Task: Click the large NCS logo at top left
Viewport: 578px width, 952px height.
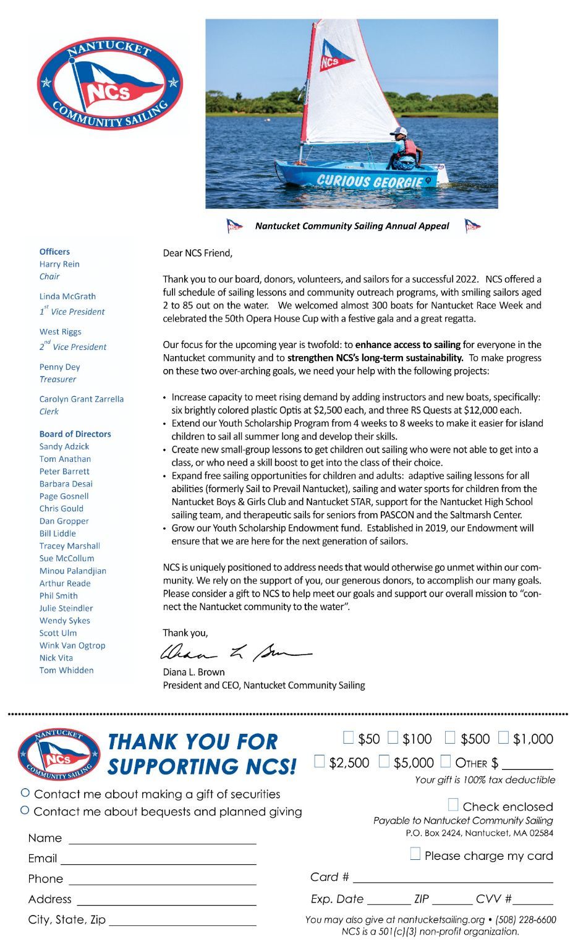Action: (109, 83)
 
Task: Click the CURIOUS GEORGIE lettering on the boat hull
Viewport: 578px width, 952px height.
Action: (370, 181)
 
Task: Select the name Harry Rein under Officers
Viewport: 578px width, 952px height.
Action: (59, 264)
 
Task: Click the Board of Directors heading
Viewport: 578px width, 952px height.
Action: (75, 434)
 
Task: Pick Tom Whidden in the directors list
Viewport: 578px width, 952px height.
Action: (66, 670)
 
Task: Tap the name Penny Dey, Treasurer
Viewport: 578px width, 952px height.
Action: (59, 367)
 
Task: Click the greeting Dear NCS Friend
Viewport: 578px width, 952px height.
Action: (197, 253)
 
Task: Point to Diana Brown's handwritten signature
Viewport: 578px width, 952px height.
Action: (235, 653)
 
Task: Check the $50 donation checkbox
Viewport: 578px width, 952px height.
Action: (349, 737)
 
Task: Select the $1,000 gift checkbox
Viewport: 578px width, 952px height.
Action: (504, 737)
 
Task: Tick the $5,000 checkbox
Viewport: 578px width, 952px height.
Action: (385, 762)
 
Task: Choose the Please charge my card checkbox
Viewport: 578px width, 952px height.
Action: (415, 854)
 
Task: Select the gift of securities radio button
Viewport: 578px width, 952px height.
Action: (25, 793)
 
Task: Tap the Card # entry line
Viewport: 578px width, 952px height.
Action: (452, 878)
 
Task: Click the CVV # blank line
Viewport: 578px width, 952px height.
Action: (532, 900)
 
